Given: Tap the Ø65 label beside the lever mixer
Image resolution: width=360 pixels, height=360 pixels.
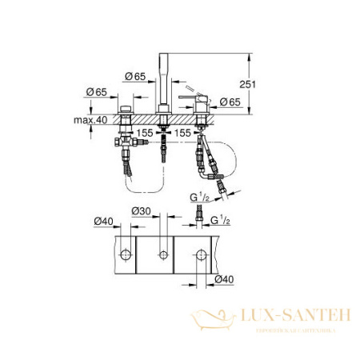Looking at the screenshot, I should coord(230,103).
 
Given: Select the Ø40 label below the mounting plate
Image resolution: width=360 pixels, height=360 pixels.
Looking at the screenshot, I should coord(226,278).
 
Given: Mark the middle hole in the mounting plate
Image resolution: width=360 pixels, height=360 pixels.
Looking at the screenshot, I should coord(163,255).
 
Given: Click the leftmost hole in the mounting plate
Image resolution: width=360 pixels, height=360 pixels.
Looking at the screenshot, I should coord(126,255).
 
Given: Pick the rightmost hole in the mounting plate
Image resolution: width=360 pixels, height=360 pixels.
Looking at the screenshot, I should coord(200,255).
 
